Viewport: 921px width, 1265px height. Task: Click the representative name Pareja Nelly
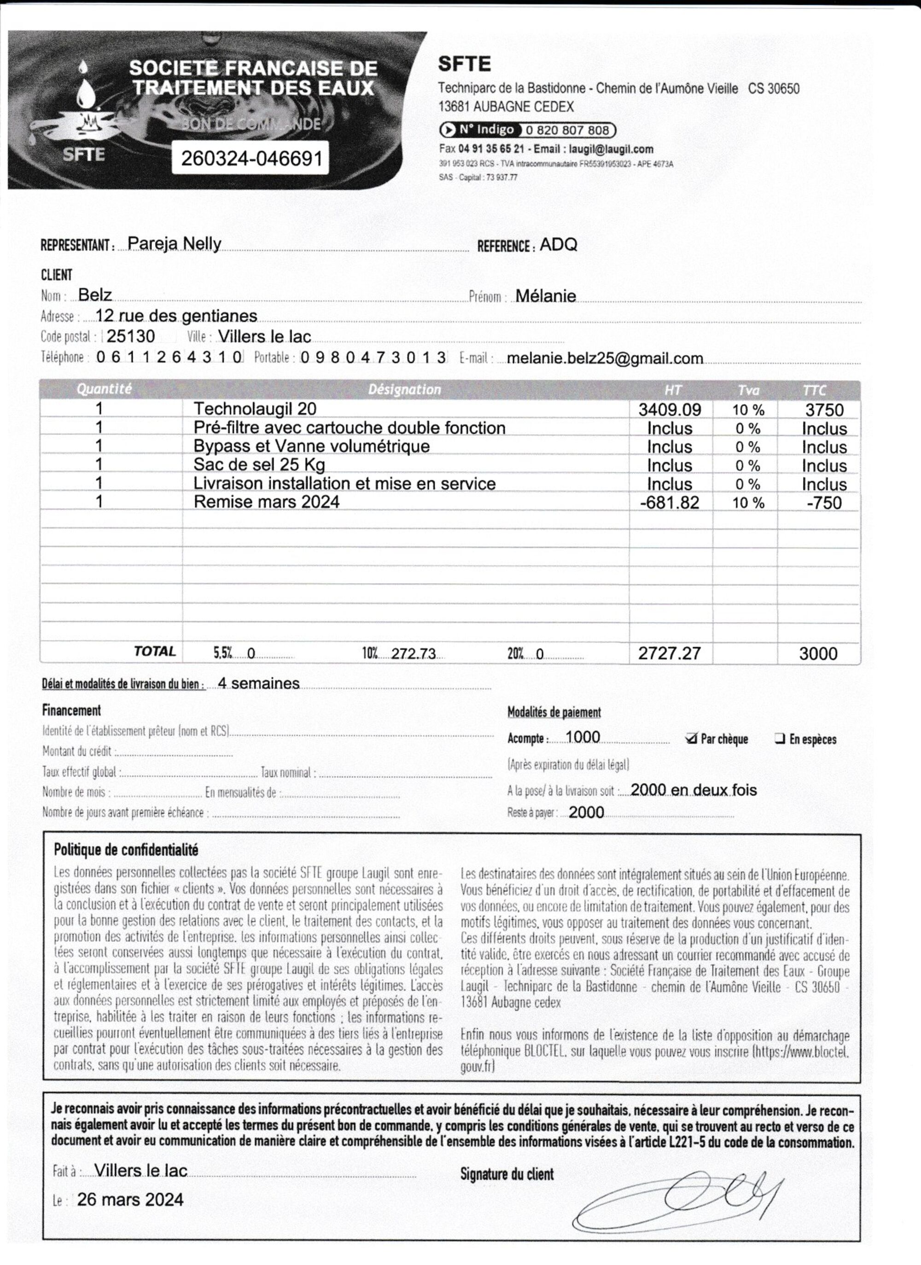coord(174,244)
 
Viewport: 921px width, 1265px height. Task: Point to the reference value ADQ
coord(559,245)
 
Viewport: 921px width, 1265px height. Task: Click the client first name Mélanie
coord(545,296)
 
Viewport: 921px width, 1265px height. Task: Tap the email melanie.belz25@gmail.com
coord(605,359)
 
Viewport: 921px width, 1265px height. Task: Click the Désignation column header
coord(404,389)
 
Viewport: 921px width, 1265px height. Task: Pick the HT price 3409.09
coord(670,410)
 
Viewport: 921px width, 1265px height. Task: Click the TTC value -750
coord(824,503)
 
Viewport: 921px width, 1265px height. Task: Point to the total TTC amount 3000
coord(818,654)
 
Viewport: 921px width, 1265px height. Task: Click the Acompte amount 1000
coord(583,737)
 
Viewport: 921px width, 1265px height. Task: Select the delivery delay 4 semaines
coord(258,683)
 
